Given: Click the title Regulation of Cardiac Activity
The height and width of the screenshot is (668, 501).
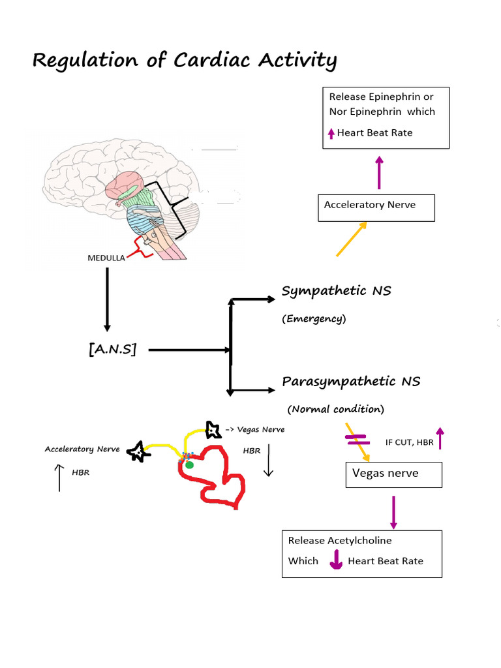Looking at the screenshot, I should (x=185, y=61).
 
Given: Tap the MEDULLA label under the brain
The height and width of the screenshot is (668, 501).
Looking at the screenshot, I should (x=106, y=258).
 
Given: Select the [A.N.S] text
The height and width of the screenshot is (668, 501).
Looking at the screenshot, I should (x=112, y=350).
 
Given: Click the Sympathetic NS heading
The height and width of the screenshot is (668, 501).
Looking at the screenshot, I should (x=336, y=291).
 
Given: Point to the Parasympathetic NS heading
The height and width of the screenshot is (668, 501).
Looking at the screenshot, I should (x=351, y=381).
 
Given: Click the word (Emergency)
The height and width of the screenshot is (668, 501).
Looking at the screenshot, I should (x=314, y=319).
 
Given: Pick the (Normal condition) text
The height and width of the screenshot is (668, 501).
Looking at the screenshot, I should (x=336, y=409).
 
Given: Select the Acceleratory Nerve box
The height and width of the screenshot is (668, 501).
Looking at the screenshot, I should (x=376, y=207).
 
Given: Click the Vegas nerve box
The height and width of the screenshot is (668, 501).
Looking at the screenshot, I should (x=393, y=474).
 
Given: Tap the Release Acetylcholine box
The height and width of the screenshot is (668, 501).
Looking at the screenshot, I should (x=361, y=553).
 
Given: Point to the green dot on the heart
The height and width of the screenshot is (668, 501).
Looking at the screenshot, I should (x=189, y=464).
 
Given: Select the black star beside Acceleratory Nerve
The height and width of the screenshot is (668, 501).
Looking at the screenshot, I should (x=137, y=451).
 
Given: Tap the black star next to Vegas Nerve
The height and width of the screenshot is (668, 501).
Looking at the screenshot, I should (x=213, y=430).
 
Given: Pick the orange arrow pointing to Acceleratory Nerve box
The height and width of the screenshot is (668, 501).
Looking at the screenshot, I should (x=351, y=239).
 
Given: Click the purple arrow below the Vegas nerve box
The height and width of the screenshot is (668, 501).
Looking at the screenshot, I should (x=393, y=512).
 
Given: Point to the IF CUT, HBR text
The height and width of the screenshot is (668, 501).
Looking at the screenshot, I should (x=409, y=442).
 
